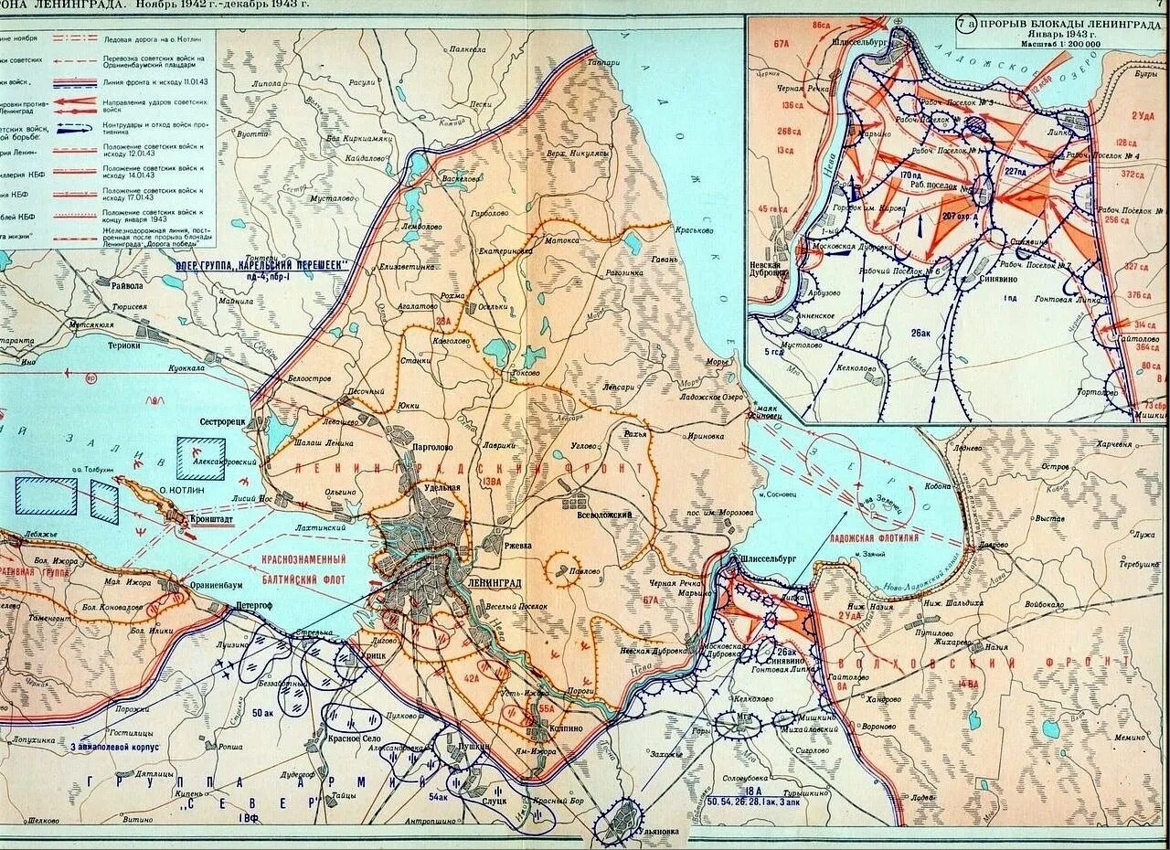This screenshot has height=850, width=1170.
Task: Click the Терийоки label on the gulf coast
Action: click(126, 345)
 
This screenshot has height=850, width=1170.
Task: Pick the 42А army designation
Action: click(470, 677)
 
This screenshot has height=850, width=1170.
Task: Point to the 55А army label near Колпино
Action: click(547, 707)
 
